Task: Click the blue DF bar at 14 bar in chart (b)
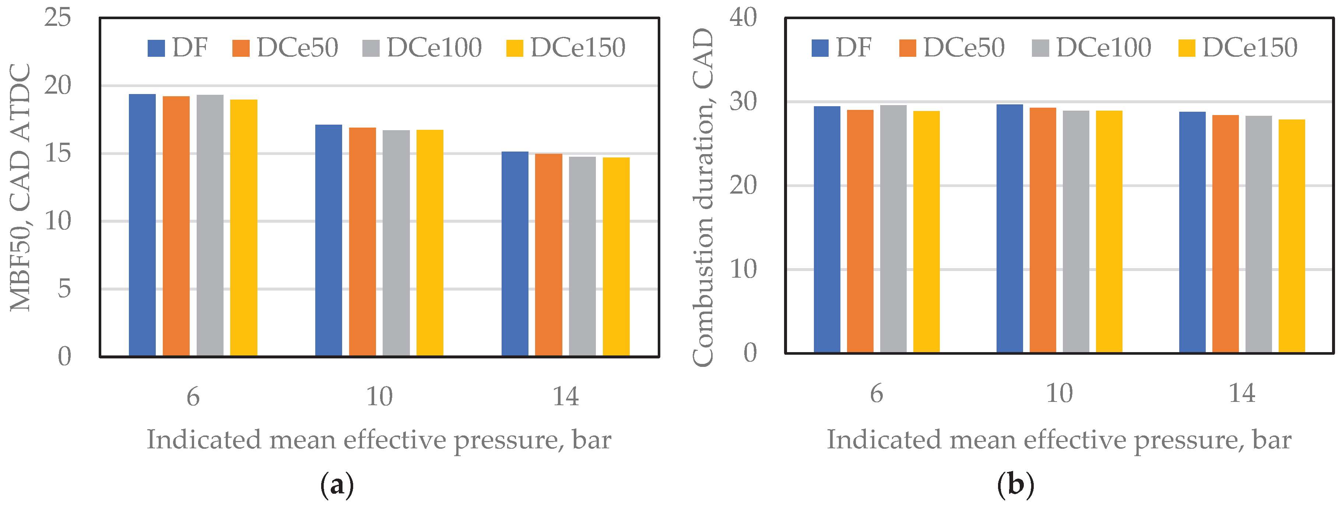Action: (x=1192, y=232)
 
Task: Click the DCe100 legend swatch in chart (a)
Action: (x=371, y=48)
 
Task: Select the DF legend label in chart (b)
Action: (x=853, y=48)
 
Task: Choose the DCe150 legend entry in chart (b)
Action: (x=1238, y=48)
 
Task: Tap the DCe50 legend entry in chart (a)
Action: (x=285, y=48)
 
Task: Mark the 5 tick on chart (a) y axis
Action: (x=64, y=288)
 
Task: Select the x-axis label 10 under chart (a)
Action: (x=379, y=397)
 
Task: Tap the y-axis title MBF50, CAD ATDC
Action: (x=21, y=188)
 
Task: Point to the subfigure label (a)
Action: (x=337, y=485)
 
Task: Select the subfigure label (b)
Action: (x=1015, y=485)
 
